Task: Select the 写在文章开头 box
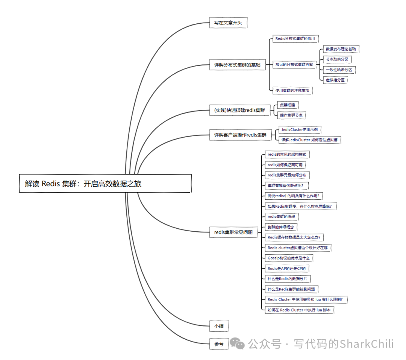point(228,23)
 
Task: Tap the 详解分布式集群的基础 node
point(237,65)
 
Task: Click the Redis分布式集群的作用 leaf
point(295,39)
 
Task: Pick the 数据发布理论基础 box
point(341,49)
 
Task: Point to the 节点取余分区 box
point(337,59)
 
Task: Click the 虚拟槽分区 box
point(335,80)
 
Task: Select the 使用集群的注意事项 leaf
point(294,90)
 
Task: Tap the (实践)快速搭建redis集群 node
point(239,110)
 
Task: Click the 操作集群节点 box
point(291,115)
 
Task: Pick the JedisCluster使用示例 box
point(299,130)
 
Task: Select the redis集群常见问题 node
point(233,232)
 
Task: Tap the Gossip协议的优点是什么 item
point(288,258)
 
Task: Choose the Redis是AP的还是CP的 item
point(286,268)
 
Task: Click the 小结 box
point(219,326)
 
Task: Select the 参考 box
point(219,344)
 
